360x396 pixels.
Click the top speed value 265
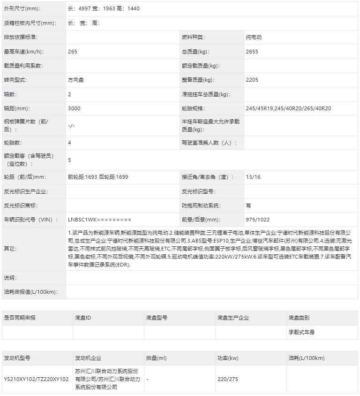tap(73, 52)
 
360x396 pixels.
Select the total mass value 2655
tap(252, 52)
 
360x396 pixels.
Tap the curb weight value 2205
tap(252, 80)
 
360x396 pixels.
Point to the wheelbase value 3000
tap(74, 108)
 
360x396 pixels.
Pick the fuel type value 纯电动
tap(254, 37)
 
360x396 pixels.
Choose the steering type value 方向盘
tap(76, 80)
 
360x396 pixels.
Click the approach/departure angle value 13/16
tap(253, 177)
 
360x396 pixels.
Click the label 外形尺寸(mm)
tap(22, 8)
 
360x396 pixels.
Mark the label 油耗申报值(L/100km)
tap(30, 292)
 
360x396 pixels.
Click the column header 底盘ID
tap(83, 318)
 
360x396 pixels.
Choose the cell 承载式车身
tap(301, 332)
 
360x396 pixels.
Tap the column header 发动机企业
tap(88, 358)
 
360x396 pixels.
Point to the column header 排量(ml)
tap(156, 358)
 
